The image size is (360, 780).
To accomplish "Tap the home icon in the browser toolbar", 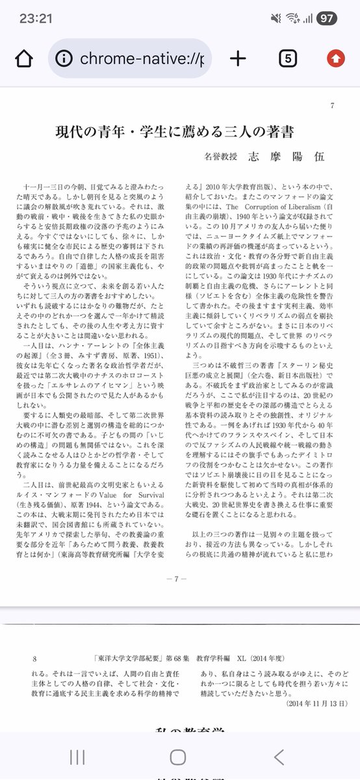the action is tap(23, 58).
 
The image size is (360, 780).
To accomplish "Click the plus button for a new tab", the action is tap(238, 58).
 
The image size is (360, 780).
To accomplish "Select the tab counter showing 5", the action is tap(288, 58).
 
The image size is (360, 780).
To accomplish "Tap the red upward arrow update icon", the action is tap(335, 58).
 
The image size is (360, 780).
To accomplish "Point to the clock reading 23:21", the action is tap(35, 18).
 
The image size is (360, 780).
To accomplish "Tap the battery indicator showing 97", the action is tap(326, 18).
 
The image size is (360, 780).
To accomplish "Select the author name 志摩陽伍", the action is tap(285, 157).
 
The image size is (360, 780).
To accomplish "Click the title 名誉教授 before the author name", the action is tap(221, 157).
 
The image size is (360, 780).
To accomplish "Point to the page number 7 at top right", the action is tap(332, 106).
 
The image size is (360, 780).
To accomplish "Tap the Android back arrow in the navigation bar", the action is tap(279, 756).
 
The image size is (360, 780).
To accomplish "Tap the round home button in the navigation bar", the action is tap(178, 756).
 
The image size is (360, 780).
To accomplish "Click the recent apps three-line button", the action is tap(77, 756).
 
